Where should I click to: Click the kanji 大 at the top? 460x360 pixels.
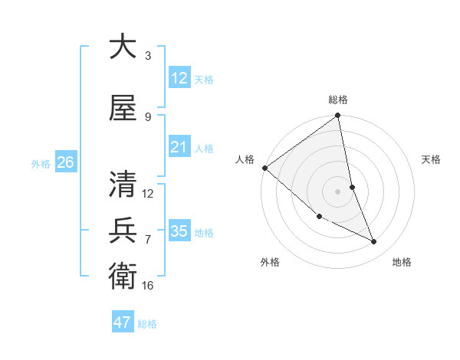(123, 47)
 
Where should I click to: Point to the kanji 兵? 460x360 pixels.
(123, 231)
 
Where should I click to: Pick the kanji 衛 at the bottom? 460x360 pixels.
(123, 275)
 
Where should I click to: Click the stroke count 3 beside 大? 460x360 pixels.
(148, 56)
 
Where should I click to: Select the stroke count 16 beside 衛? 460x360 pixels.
(148, 285)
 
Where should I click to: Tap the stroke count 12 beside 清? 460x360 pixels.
(148, 194)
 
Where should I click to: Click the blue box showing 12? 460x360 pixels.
(179, 77)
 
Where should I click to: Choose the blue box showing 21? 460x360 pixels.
(179, 147)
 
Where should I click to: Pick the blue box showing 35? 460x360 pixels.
(179, 231)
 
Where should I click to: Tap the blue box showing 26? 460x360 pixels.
(65, 162)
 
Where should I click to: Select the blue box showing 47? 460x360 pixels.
(123, 322)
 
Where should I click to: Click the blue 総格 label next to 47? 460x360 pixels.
(147, 324)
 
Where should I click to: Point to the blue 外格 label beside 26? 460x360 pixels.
(41, 163)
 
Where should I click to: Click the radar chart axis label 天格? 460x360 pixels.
(432, 159)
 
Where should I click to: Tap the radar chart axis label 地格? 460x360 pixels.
(402, 262)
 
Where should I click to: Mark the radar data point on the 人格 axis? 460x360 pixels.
(264, 168)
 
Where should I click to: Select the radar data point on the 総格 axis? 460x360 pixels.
(337, 116)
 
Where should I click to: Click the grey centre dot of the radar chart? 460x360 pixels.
(337, 191)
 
